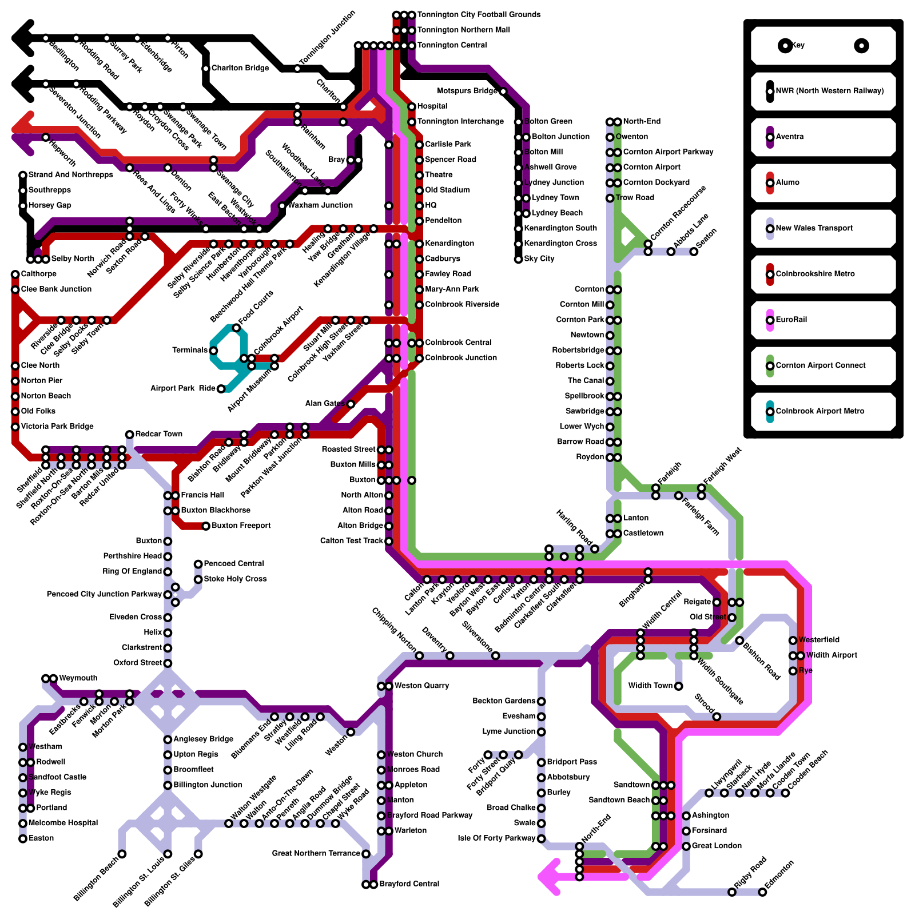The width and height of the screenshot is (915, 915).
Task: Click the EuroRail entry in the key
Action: pos(791,320)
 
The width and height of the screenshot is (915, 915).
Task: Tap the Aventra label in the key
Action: pos(789,137)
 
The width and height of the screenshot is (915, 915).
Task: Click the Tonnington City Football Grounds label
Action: pos(479,14)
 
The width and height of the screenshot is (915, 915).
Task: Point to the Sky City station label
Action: pos(539,258)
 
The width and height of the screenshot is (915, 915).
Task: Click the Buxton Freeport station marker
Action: pos(206,526)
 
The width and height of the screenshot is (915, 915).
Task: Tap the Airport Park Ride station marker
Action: pos(221,389)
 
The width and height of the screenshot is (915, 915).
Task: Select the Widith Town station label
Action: pos(650,686)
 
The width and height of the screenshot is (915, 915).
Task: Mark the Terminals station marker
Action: pos(213,351)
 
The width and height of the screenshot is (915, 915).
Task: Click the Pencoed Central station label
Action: pos(234,564)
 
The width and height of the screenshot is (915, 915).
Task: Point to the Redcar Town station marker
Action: pos(130,435)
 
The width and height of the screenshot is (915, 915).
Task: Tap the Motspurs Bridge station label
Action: pos(467,91)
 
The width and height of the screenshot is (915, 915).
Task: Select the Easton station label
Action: pos(41,838)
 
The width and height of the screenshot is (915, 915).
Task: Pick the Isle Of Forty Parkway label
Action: pos(496,838)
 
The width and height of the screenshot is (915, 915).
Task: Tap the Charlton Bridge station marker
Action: pos(206,69)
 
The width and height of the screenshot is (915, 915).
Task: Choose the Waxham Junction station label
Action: pos(320,205)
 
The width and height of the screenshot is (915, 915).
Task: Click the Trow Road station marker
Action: pos(610,198)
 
